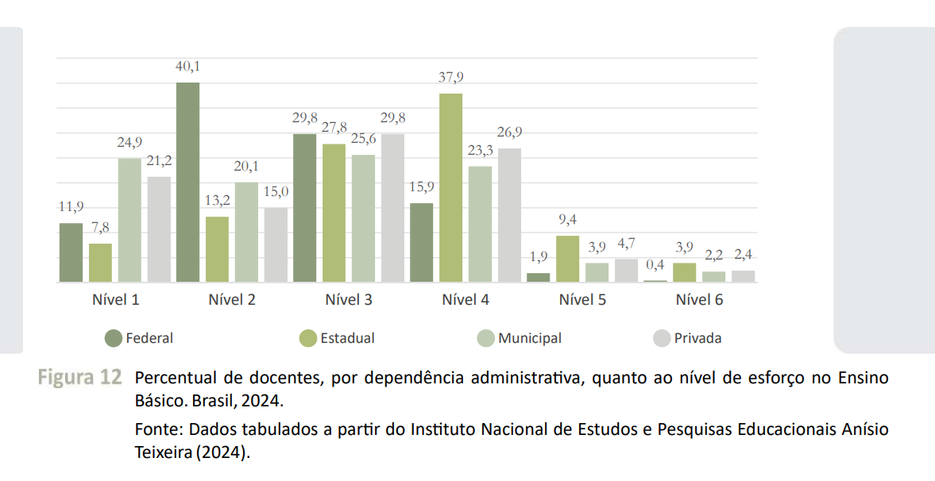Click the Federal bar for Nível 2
pos(187,182)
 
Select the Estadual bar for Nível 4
pos(450,187)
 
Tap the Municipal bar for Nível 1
pos(129,220)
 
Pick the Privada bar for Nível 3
pos(392,207)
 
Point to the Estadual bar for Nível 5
pos(567,258)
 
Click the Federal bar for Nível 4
pos(422,242)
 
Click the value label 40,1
pos(187,67)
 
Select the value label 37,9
pos(450,78)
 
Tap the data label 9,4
pos(567,220)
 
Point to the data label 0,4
pos(655,264)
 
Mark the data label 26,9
pos(510,133)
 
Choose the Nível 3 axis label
pos(349,300)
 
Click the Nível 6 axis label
pos(699,300)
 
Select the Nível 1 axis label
pos(115,300)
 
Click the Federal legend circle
pos(114,338)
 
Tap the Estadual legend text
pos(347,338)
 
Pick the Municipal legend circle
pos(486,338)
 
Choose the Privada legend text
pos(697,338)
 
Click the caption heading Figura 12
pos(79,377)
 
